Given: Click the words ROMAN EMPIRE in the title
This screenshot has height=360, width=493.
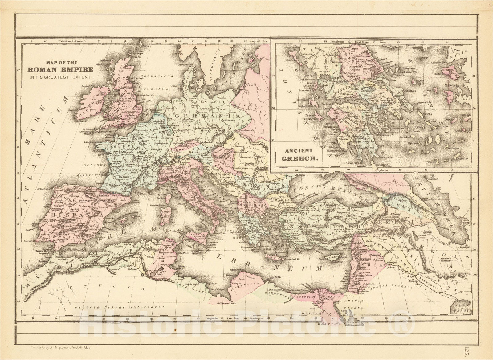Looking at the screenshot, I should [x=68, y=70].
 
